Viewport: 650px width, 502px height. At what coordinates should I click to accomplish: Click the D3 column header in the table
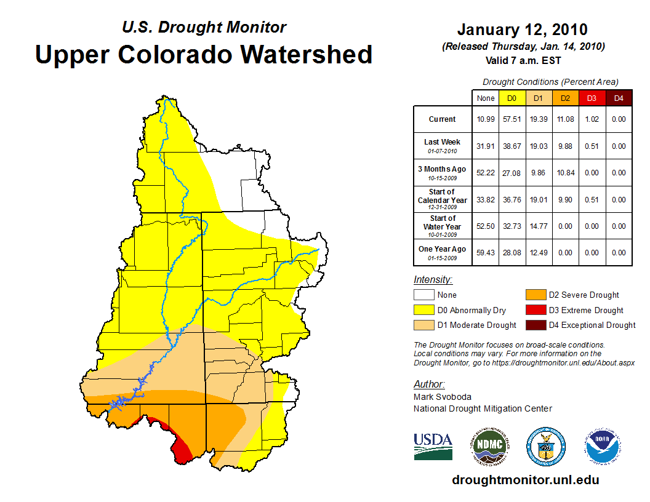coord(592,98)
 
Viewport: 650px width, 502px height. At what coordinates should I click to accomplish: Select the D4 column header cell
coord(619,98)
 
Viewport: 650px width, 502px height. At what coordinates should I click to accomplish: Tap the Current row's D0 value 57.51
coord(512,119)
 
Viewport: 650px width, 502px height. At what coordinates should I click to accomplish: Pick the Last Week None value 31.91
coord(486,146)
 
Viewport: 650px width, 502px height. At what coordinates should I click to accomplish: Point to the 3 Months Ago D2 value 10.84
coord(565,173)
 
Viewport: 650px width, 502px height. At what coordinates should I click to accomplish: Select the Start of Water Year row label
coord(443,226)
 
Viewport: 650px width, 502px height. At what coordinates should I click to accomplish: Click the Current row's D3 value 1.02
coord(592,119)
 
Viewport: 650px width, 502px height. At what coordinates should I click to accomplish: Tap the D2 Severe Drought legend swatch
coord(535,295)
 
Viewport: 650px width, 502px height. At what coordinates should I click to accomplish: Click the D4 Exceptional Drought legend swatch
coord(535,325)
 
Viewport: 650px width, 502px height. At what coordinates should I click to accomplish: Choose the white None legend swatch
coord(423,295)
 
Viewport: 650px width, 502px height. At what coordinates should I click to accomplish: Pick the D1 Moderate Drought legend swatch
coord(423,325)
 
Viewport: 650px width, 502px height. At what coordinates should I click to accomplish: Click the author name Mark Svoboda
coord(443,397)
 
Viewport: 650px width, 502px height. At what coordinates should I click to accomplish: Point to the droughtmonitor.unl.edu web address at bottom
coord(525,480)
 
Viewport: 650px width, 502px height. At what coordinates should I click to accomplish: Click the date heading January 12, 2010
coord(522,30)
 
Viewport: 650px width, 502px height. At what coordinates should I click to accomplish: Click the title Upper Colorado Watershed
coord(204,54)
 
